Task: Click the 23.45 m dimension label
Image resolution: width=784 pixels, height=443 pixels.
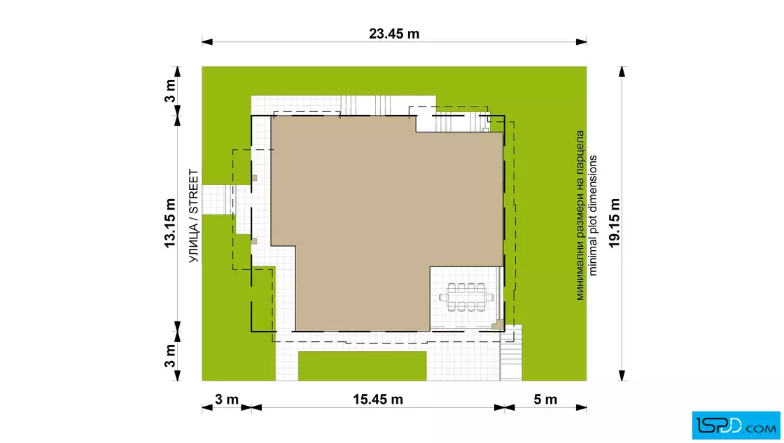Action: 394,34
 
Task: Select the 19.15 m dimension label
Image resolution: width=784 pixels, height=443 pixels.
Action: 615,223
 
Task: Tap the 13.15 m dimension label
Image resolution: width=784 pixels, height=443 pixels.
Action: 170,223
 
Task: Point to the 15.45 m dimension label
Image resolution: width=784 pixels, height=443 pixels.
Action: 377,400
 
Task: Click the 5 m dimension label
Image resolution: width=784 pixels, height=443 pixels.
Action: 545,400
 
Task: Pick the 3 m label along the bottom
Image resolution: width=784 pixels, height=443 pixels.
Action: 227,400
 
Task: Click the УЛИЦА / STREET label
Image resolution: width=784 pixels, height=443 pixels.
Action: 193,217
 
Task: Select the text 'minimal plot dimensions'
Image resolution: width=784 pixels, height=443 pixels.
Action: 593,215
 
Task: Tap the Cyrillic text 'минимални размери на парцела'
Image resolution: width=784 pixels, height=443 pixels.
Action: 580,215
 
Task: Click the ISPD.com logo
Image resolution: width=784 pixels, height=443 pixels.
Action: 736,425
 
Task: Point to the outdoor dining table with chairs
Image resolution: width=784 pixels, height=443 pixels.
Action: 466,297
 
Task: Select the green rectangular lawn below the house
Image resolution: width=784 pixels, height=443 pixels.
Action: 363,366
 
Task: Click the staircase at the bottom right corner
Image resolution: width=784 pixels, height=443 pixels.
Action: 512,353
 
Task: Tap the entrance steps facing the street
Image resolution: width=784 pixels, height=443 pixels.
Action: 228,199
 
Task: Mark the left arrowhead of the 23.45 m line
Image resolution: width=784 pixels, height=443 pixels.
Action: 206,42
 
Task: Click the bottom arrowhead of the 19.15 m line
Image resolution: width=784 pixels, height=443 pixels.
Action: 622,376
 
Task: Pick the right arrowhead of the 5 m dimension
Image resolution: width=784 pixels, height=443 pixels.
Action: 582,408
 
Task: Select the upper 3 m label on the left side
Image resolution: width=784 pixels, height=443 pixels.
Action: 170,91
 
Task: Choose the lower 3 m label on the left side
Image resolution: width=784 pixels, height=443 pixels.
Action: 170,355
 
